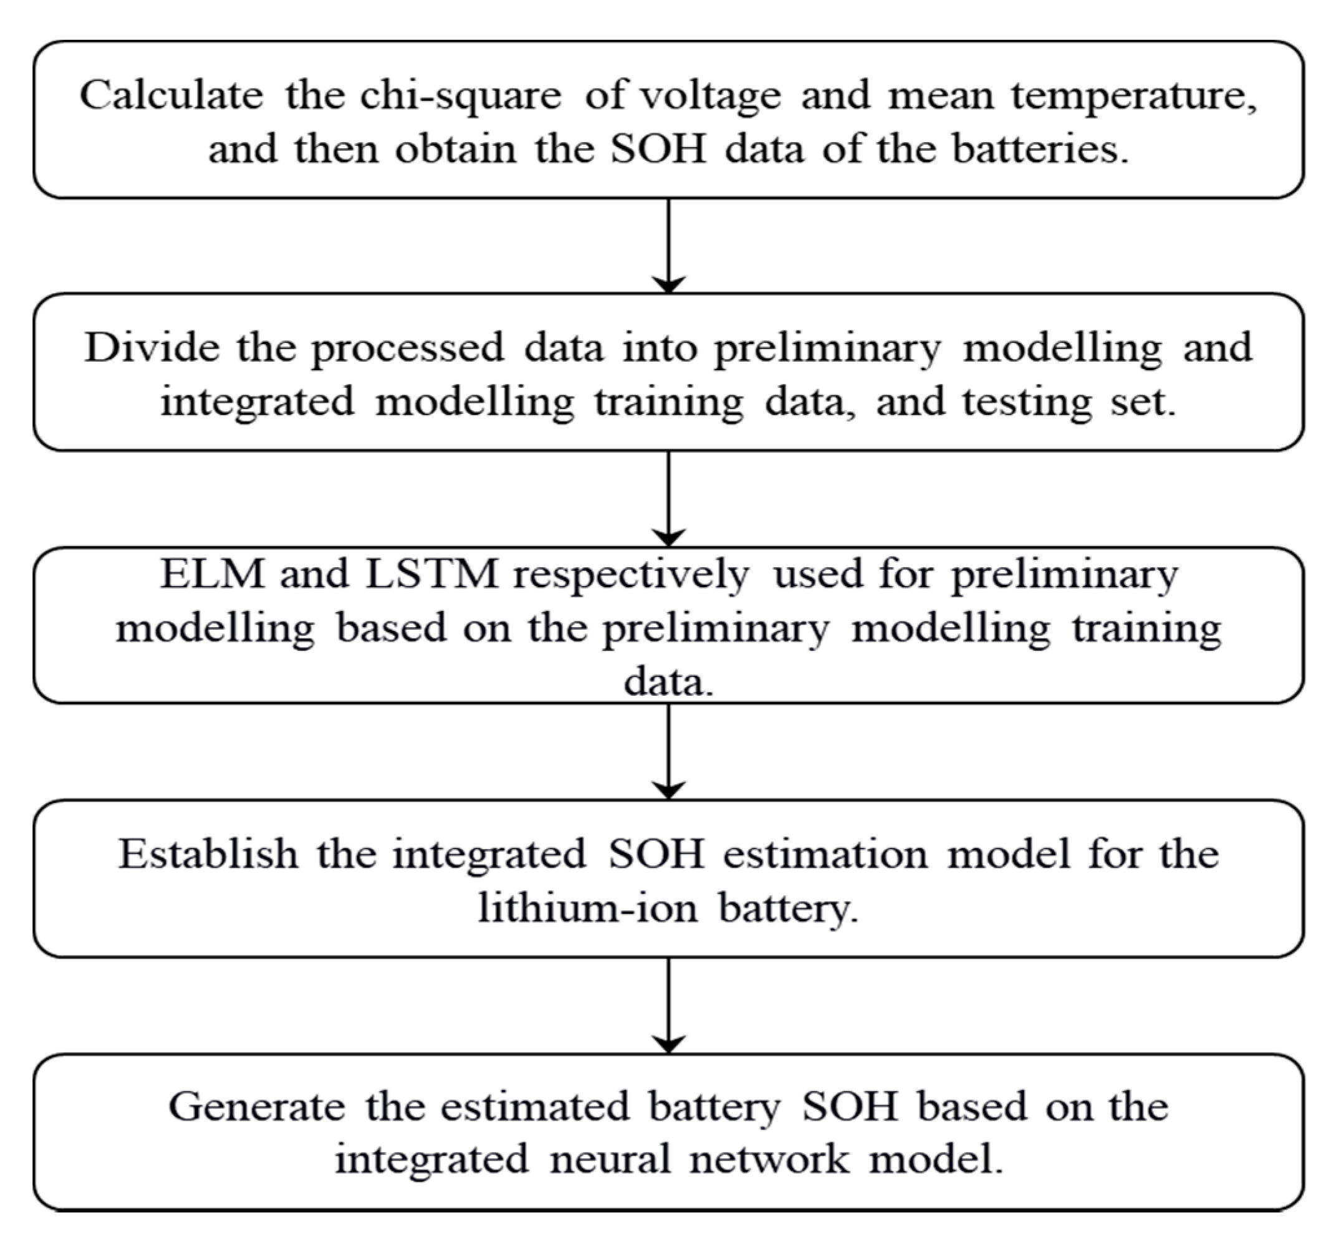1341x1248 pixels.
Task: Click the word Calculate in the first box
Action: tap(171, 95)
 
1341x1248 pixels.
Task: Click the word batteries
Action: tap(1039, 149)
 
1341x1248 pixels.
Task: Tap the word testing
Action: tap(1027, 403)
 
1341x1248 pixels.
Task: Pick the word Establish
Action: tap(208, 854)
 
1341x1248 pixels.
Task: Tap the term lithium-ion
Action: tap(587, 908)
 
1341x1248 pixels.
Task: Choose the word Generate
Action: tap(256, 1107)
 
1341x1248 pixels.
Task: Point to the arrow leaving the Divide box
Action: tap(668, 499)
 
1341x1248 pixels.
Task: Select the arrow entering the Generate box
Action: tap(668, 1004)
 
